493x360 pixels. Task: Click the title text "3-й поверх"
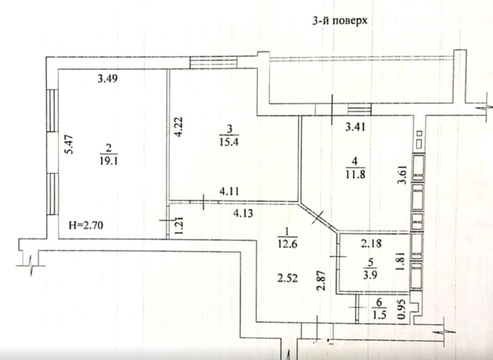coord(339,21)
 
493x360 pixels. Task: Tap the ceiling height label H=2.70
coord(86,225)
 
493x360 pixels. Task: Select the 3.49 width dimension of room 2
coord(108,78)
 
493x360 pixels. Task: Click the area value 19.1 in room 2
coord(109,161)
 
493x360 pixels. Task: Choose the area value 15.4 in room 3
coord(229,142)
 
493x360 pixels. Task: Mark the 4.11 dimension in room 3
coord(229,191)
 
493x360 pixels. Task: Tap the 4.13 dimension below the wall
coord(242,213)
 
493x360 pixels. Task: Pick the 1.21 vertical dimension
coord(179,225)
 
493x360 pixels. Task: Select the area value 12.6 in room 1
coord(287,243)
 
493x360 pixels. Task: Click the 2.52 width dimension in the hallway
coord(287,278)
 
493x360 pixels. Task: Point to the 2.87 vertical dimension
coord(321,280)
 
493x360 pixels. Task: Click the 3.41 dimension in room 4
coord(356,127)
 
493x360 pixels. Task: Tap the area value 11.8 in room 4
coord(356,174)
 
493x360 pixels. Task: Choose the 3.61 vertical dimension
coord(404,176)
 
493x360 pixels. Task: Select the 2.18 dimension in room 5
coord(371,243)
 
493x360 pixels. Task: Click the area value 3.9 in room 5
coord(371,274)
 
